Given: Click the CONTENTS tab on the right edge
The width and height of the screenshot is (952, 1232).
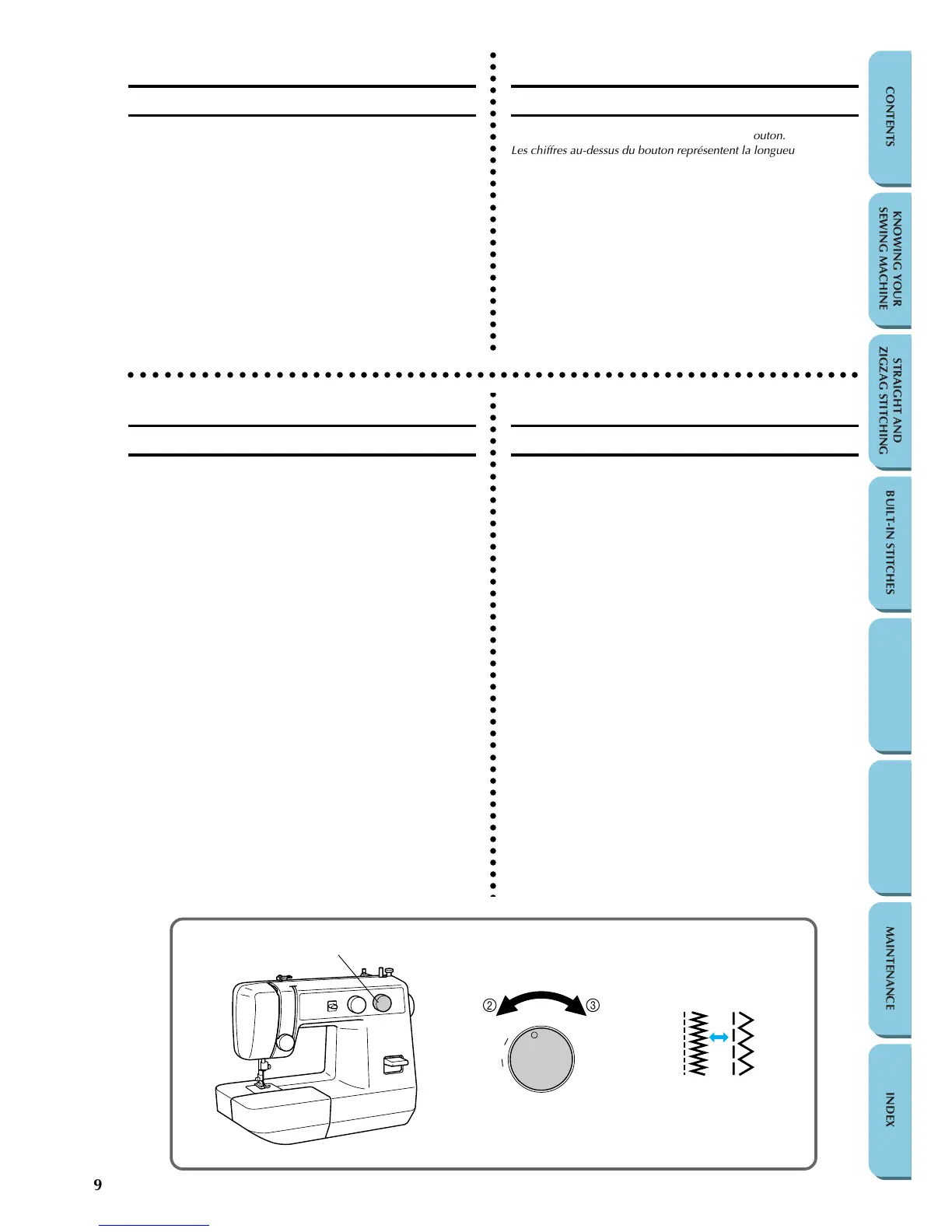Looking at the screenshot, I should coord(890,117).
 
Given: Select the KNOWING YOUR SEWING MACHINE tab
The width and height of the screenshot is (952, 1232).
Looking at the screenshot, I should coord(890,260).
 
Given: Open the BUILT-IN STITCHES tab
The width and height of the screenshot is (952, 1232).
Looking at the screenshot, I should coord(890,542).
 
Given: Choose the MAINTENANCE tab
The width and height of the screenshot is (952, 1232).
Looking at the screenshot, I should coord(890,968).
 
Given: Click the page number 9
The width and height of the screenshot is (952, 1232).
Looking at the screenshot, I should coord(98,1185).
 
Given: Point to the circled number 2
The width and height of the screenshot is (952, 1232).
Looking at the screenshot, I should coord(489,1005).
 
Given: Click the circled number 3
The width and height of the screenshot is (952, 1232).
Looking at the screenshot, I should coord(593,1005).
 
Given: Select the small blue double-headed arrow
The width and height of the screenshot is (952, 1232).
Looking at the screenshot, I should coord(719,1037).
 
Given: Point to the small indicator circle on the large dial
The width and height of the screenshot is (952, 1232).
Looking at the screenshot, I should coord(534,1034).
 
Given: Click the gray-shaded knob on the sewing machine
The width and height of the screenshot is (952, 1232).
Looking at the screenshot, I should coord(382,1003).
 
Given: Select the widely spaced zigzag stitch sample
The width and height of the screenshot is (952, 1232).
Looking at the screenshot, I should coord(745,1044).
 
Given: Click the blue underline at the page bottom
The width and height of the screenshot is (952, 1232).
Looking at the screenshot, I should coord(154,1225).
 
